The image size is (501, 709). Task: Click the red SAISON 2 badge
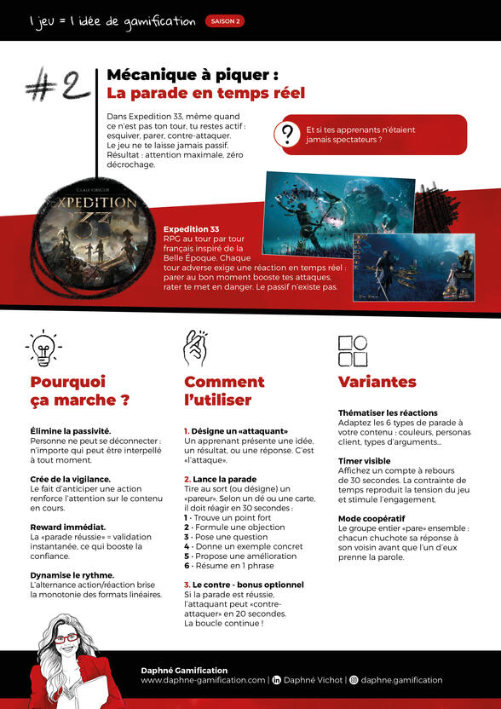pyautogui.click(x=225, y=21)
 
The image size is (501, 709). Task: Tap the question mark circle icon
pyautogui.click(x=288, y=134)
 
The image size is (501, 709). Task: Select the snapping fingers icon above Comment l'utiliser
pyautogui.click(x=194, y=348)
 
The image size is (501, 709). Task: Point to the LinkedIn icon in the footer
pyautogui.click(x=276, y=680)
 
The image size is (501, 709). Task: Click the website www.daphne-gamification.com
pyautogui.click(x=203, y=680)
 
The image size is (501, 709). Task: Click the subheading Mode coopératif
pyautogui.click(x=371, y=518)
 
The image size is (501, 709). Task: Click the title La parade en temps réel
pyautogui.click(x=205, y=93)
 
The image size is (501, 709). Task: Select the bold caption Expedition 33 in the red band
pyautogui.click(x=191, y=229)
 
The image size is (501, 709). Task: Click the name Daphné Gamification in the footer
pyautogui.click(x=184, y=671)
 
